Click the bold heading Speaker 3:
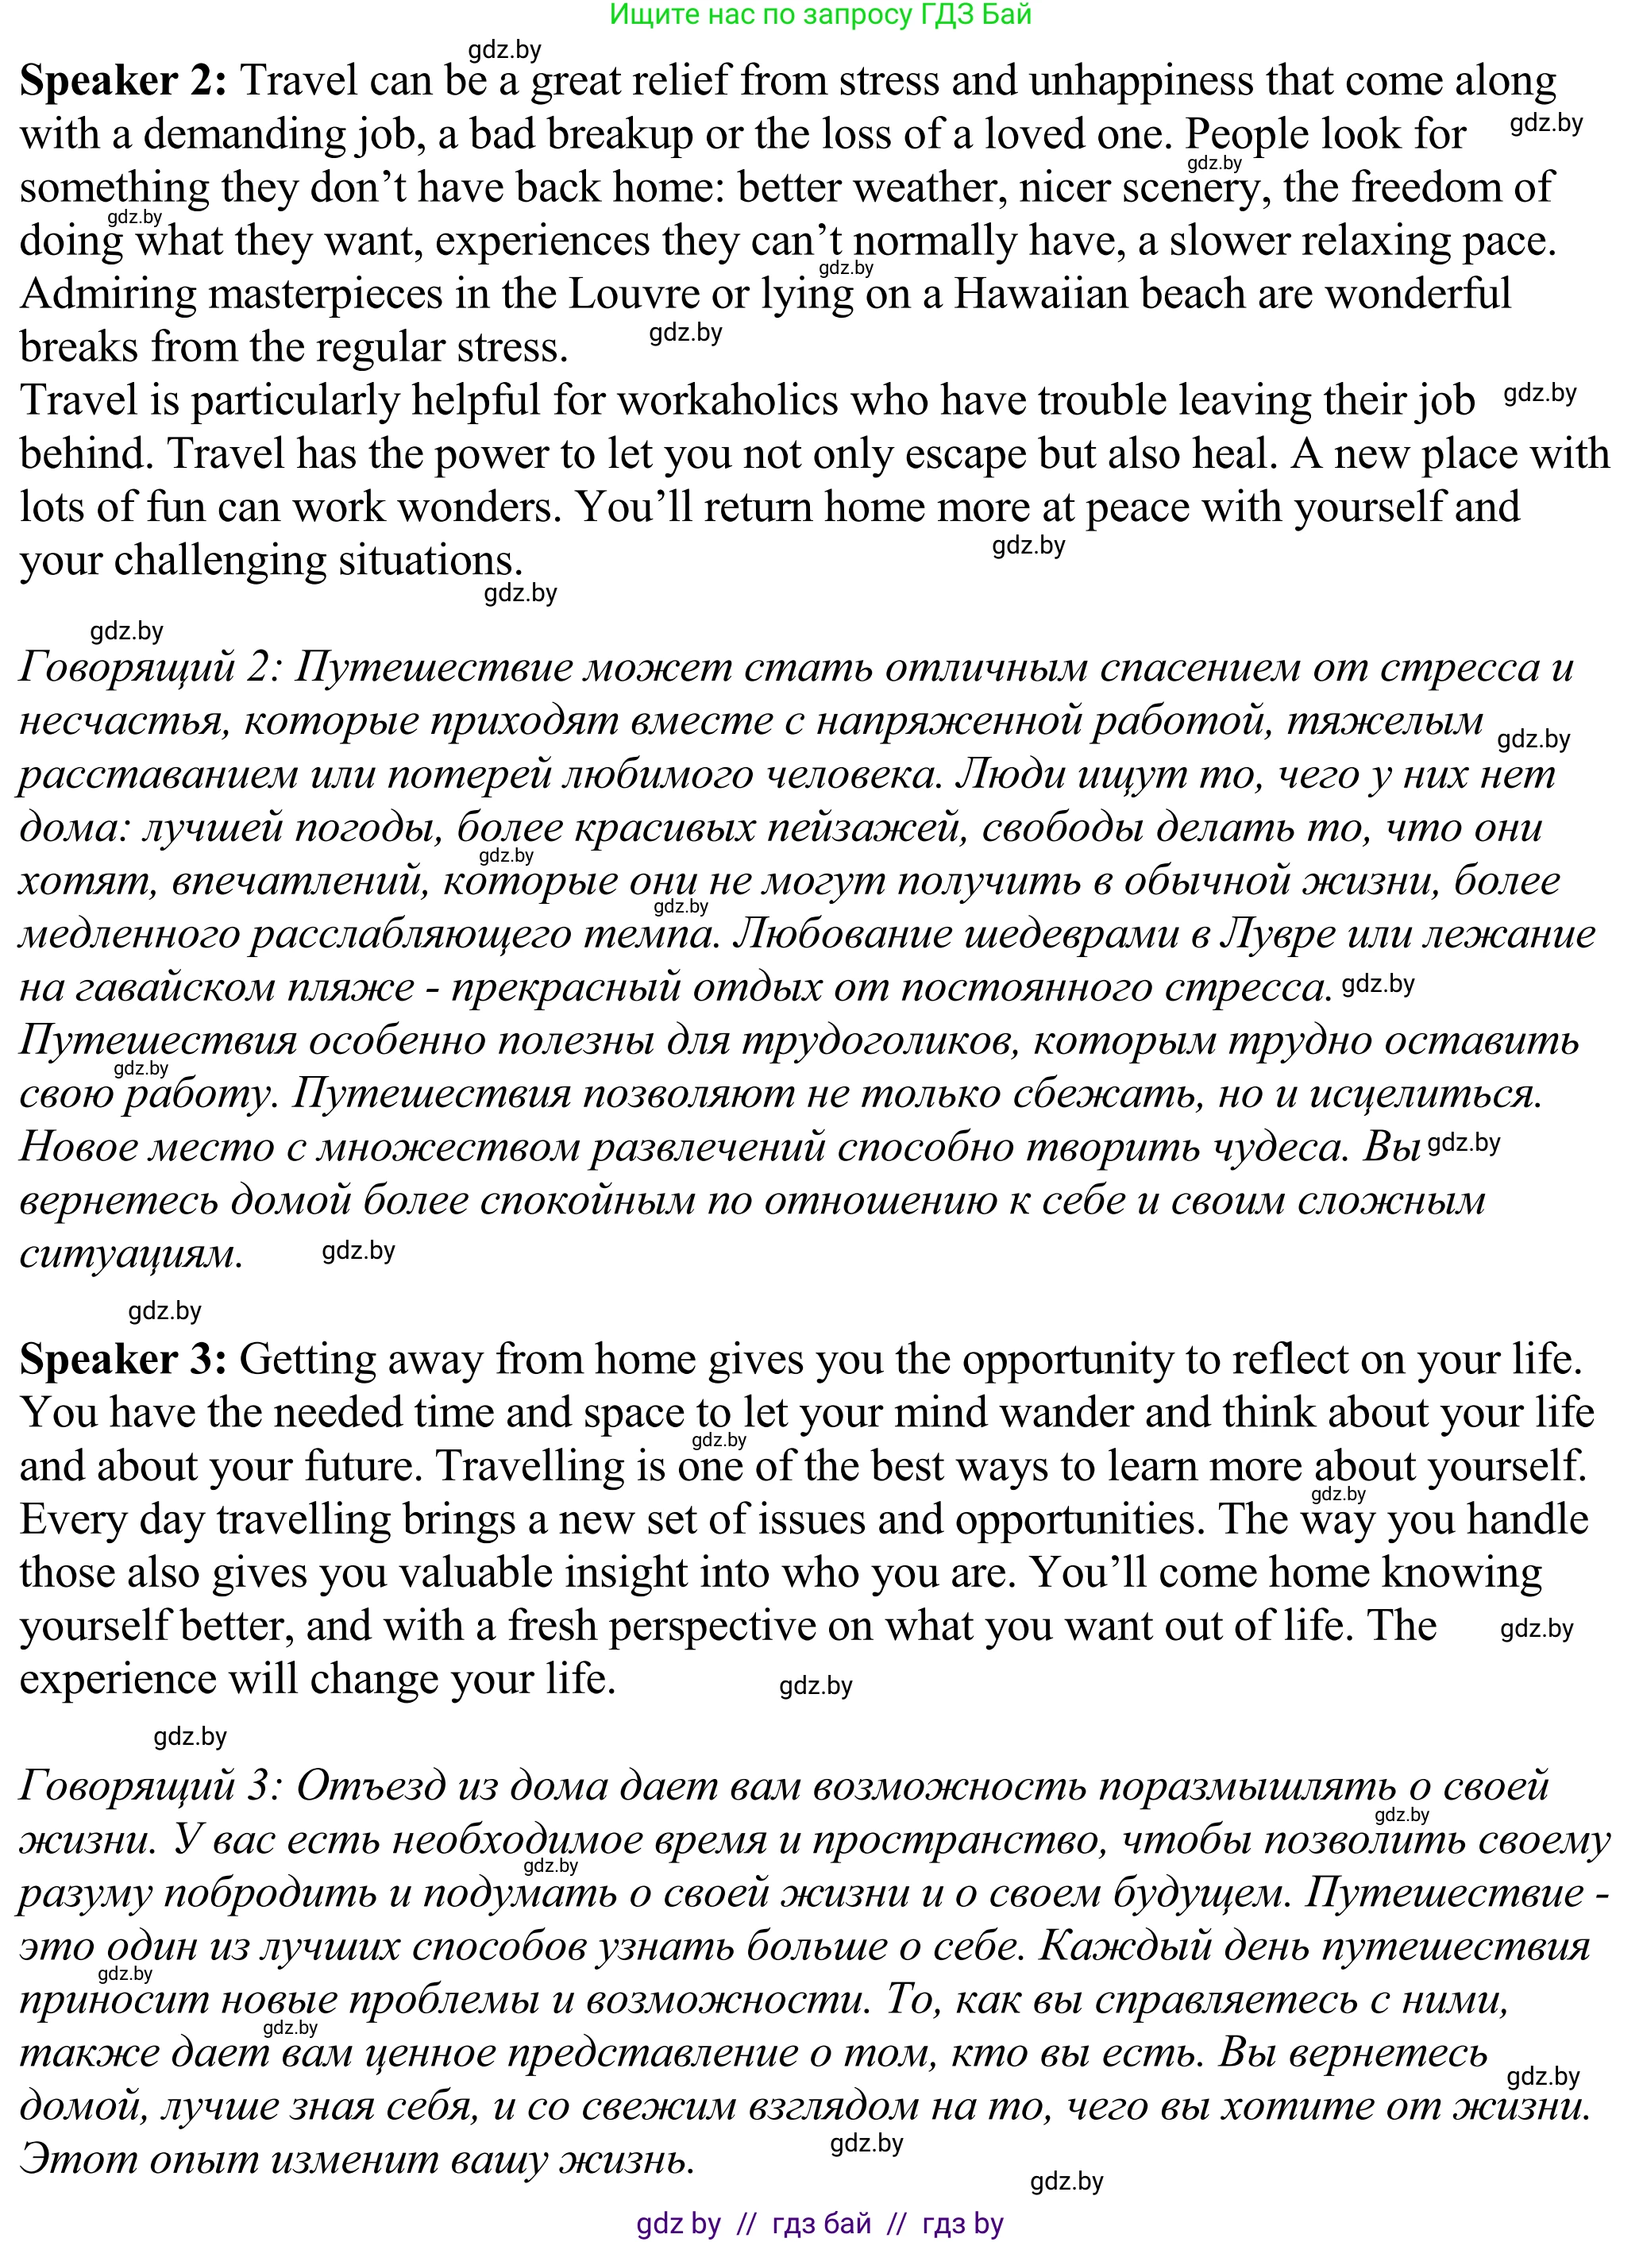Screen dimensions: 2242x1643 click(123, 1360)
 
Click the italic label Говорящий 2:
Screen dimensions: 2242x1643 click(149, 667)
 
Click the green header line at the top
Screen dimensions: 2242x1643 click(820, 15)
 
